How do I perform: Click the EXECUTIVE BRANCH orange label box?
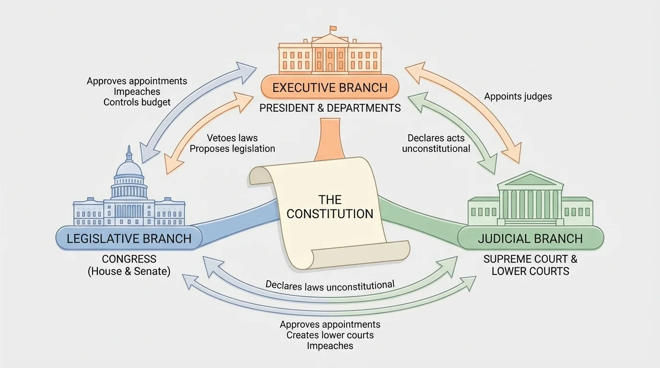click(330, 88)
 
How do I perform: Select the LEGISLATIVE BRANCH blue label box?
click(129, 238)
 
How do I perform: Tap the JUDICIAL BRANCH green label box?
click(530, 238)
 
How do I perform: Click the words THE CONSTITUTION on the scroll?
click(330, 207)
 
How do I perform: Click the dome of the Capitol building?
click(129, 169)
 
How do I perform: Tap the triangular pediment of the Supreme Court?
click(530, 180)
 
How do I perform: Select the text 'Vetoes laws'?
click(232, 138)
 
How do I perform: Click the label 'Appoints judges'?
click(518, 96)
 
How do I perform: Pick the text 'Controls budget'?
click(137, 102)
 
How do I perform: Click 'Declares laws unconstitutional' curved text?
click(330, 286)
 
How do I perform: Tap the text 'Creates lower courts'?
click(330, 335)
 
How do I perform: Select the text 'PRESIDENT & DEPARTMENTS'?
click(330, 108)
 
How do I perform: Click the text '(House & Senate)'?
click(129, 271)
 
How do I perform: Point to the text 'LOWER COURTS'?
click(530, 271)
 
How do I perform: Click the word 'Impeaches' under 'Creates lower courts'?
click(330, 345)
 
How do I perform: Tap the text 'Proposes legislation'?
click(232, 149)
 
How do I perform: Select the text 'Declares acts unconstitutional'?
click(436, 143)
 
